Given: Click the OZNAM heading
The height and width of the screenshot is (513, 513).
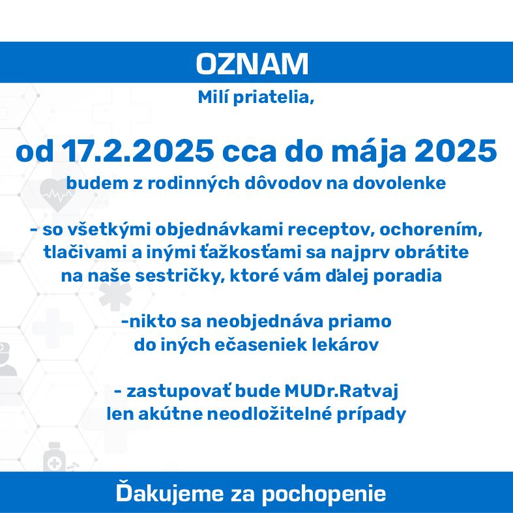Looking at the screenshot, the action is coord(252,63).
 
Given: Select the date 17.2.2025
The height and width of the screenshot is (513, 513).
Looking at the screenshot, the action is coord(138,151).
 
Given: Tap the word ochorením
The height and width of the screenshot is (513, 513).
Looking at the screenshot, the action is coord(431,229).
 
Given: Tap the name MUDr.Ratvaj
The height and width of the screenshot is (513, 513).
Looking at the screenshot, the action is coord(341,391).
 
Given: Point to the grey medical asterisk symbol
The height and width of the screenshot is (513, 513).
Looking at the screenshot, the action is coord(115,294).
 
